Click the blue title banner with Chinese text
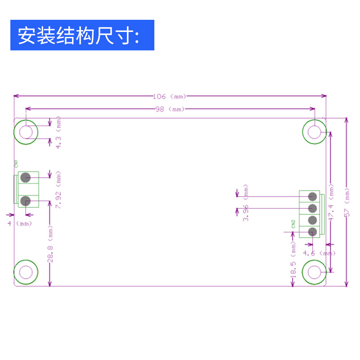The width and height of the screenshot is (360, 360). click(x=82, y=35)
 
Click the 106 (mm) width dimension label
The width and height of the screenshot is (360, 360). click(x=170, y=96)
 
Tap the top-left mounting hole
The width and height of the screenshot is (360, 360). click(x=26, y=131)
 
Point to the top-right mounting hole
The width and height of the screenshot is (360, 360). click(x=315, y=131)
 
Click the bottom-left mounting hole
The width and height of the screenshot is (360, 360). click(x=26, y=272)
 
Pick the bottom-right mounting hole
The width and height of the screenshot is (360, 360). click(x=315, y=272)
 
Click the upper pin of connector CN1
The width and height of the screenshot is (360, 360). click(x=25, y=177)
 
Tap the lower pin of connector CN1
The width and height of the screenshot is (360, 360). click(x=25, y=201)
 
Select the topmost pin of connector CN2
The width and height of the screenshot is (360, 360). click(x=312, y=196)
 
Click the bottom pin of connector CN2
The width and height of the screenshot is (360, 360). click(x=312, y=232)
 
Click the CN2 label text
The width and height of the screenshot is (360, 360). click(x=293, y=224)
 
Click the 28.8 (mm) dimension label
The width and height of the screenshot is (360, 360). click(x=51, y=245)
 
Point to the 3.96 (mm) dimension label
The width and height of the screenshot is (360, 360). click(x=246, y=202)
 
